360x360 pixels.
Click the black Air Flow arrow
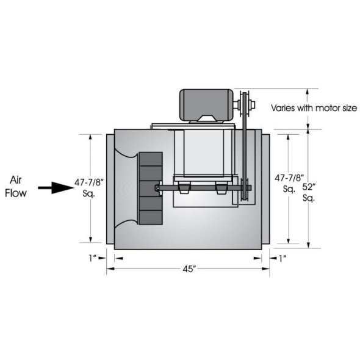(x=54, y=187)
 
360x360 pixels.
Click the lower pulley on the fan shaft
(x=245, y=190)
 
